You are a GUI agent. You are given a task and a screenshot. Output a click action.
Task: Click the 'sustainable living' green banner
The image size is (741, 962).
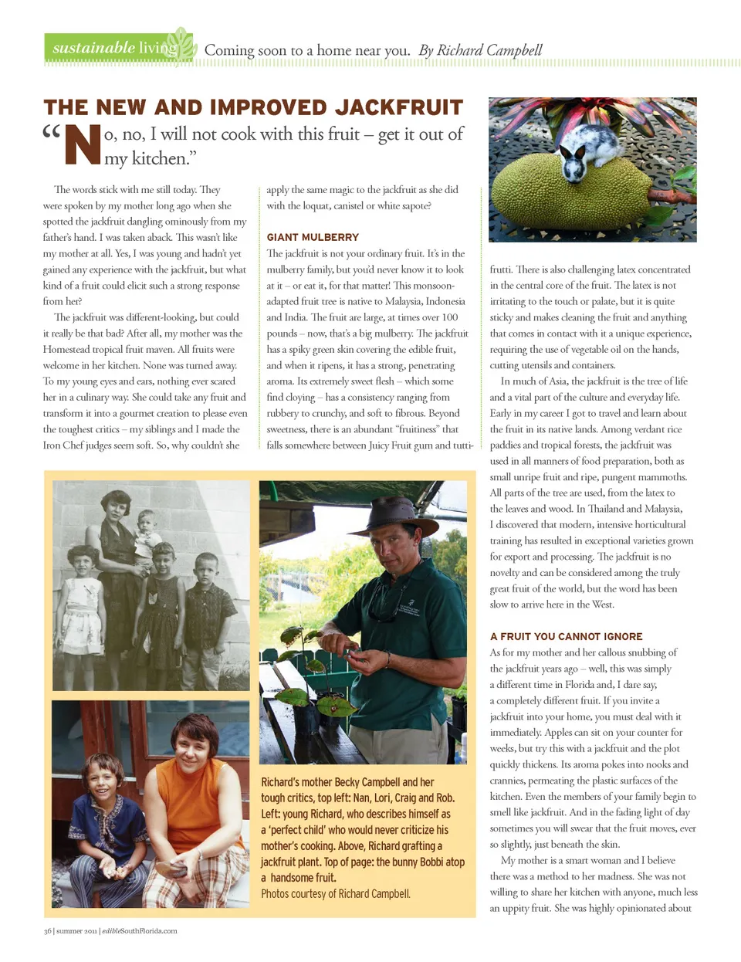(116, 48)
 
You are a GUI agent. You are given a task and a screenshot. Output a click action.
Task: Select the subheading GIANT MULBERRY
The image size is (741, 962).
(313, 237)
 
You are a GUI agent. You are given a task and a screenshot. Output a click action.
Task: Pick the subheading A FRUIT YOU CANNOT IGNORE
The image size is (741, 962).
(566, 636)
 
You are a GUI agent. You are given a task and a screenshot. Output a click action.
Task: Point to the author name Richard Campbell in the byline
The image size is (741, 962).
(489, 51)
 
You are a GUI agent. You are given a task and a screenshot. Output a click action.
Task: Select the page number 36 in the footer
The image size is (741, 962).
(48, 931)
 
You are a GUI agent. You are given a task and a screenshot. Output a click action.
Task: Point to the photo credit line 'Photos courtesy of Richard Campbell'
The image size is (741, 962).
(335, 894)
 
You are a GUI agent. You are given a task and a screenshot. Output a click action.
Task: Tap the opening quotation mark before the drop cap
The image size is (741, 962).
(52, 133)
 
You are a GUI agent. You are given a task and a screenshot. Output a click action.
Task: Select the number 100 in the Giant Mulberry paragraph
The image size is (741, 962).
(449, 317)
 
